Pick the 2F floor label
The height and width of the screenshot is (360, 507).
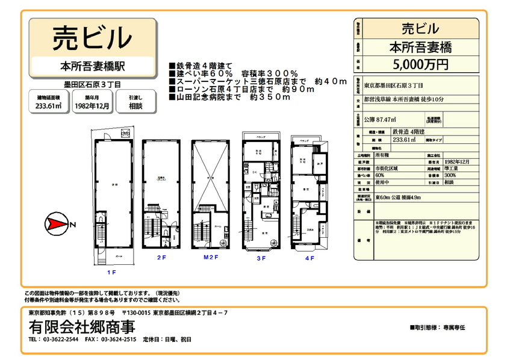(x=161, y=258)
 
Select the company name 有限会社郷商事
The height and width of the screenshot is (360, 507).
(x=81, y=327)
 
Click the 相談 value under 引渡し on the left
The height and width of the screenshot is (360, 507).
(x=135, y=107)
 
